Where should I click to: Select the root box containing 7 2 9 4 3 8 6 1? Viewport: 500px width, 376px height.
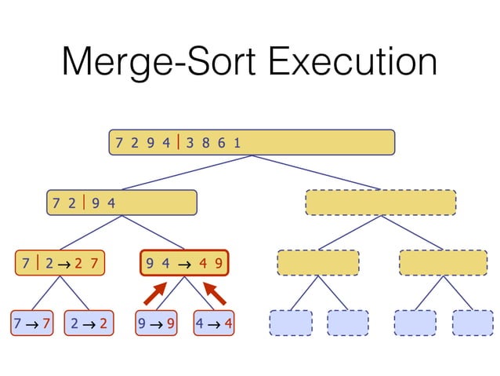pos(251,142)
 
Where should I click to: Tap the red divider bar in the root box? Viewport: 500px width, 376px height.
pos(179,142)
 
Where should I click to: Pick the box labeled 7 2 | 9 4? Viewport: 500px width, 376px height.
pos(121,203)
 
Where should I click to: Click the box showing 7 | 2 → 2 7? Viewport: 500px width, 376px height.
pos(61,263)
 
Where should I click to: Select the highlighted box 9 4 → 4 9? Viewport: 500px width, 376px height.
pos(183,263)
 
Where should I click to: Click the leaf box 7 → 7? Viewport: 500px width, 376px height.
pos(32,323)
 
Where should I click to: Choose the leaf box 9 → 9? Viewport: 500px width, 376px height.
pos(155,323)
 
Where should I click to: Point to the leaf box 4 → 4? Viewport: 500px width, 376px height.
pos(215,323)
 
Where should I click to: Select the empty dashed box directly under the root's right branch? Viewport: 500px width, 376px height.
pos(380,203)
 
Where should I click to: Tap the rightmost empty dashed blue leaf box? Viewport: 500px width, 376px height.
pos(473,323)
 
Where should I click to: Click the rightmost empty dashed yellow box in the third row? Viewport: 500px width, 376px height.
pos(443,263)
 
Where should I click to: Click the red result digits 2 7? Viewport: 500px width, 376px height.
pos(86,263)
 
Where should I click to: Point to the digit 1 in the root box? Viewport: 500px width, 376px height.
pos(236,142)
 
